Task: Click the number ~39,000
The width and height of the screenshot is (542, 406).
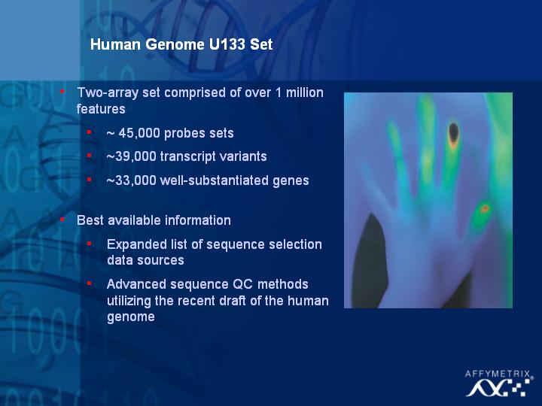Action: [131, 156]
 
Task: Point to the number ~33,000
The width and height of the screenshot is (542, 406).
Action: [131, 180]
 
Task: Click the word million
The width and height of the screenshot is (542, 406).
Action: [305, 92]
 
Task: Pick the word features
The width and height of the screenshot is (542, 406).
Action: [101, 109]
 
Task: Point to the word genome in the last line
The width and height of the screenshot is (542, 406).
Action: [131, 317]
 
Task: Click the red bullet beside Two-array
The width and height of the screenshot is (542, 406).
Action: [62, 92]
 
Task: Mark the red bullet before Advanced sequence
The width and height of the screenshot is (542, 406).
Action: [89, 283]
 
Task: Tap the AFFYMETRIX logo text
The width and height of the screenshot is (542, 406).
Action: [498, 374]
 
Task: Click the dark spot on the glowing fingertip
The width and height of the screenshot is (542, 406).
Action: [453, 132]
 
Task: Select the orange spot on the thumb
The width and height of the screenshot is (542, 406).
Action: [485, 208]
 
